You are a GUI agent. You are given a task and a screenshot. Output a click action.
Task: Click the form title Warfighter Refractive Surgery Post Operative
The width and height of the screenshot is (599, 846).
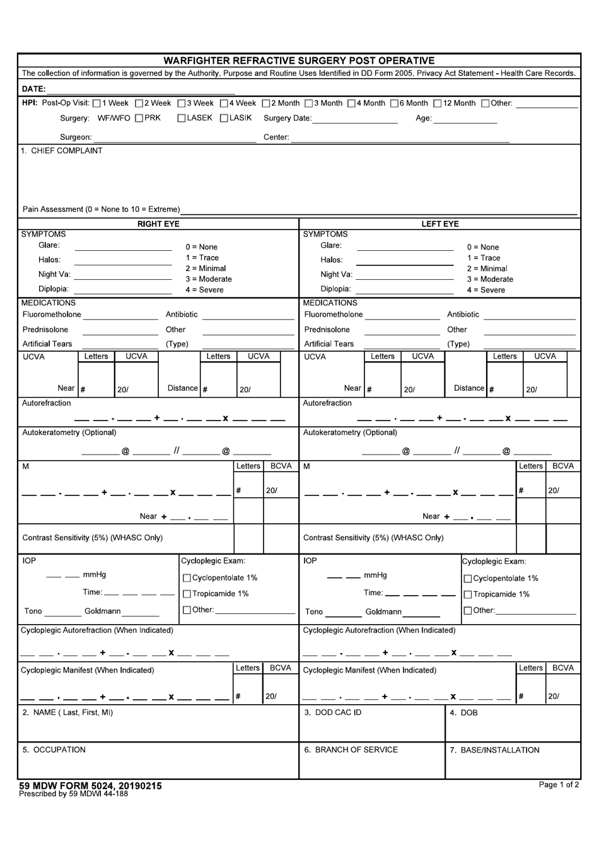299,61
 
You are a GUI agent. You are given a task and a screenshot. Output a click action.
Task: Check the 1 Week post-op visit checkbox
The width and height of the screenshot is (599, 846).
96,103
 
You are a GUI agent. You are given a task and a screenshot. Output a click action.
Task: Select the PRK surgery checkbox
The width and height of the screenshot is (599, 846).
139,119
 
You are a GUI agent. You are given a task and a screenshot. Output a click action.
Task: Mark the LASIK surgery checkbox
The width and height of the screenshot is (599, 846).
224,119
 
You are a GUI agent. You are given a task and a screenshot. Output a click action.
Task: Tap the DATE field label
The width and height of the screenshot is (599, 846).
33,89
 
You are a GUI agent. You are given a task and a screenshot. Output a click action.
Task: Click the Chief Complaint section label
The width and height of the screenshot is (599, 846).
61,151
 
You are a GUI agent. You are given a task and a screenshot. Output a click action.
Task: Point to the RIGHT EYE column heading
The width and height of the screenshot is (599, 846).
158,224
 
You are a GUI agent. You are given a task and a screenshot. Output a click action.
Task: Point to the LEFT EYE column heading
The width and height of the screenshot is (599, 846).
439,224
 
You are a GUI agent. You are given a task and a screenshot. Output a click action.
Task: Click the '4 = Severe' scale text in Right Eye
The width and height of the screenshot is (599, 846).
204,290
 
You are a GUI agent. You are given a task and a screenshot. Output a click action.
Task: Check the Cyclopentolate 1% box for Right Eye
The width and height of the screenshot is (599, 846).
187,578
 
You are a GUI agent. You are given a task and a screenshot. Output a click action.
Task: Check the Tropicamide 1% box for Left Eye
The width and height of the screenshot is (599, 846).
468,594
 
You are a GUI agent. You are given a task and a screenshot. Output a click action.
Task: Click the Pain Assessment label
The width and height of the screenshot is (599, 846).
101,209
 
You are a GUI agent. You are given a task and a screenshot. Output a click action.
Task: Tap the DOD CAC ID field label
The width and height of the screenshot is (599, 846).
333,712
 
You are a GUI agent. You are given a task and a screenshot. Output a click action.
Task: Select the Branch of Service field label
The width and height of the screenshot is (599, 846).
351,750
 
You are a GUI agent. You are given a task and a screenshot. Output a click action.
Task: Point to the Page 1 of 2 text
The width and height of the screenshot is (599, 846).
558,785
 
